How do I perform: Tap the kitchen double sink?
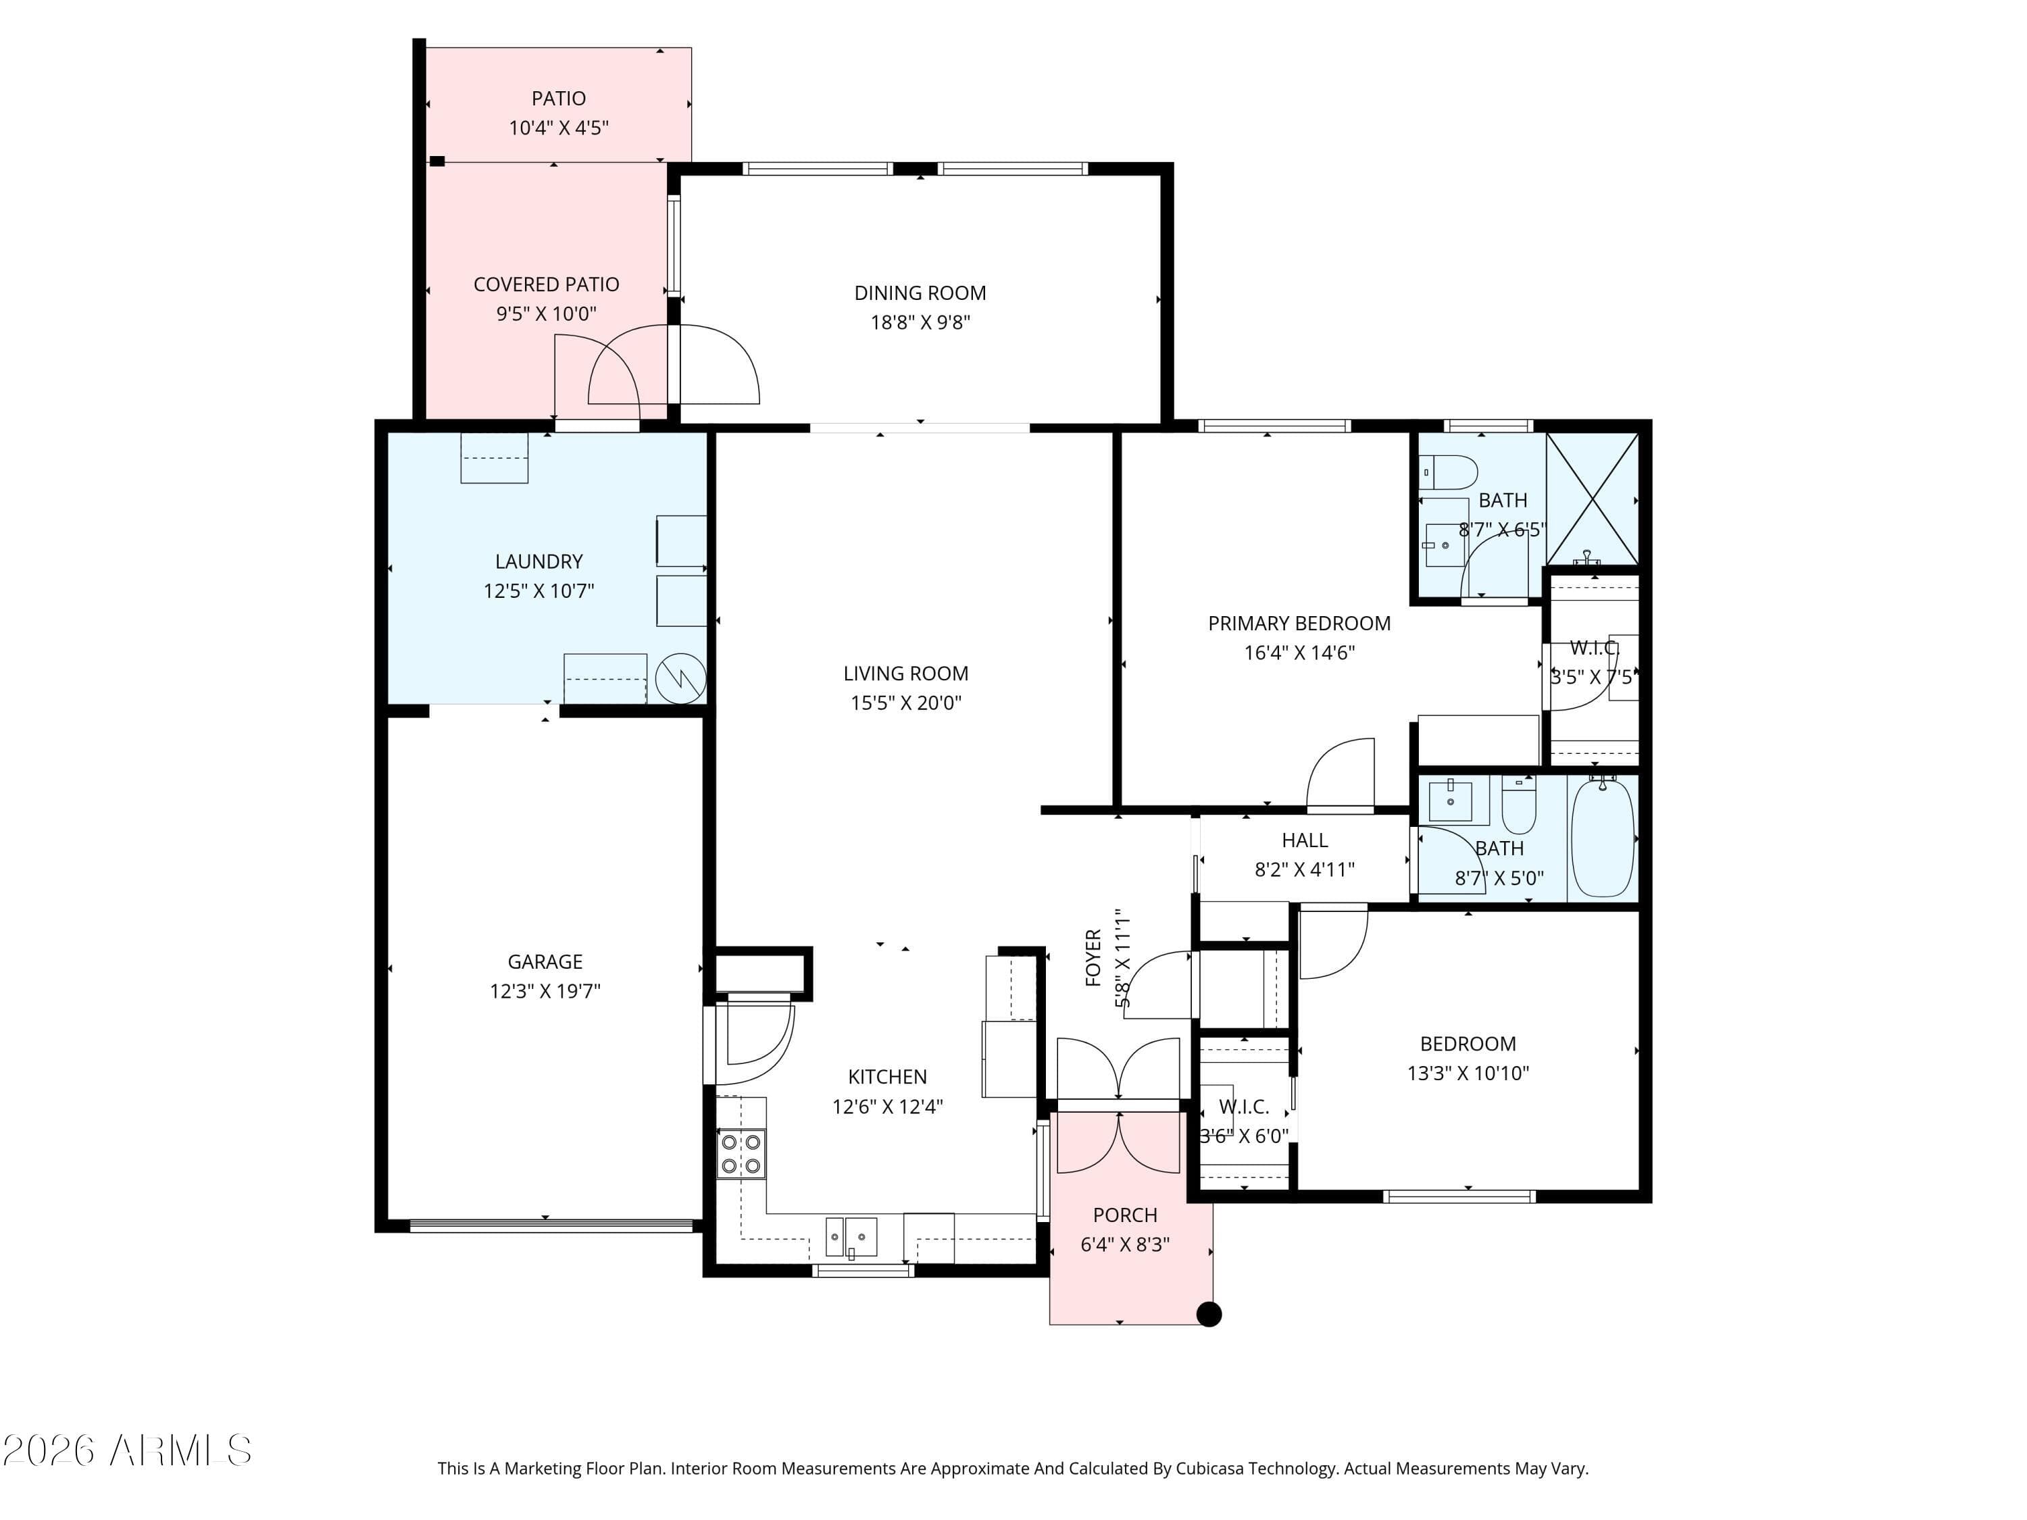click(x=851, y=1237)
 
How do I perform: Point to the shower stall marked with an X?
click(x=1593, y=499)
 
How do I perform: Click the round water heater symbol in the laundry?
click(x=681, y=679)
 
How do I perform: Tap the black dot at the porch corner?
click(x=1209, y=1314)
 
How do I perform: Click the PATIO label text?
click(x=559, y=98)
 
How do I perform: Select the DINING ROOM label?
click(x=920, y=293)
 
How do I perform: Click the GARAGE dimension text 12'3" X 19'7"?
click(x=545, y=990)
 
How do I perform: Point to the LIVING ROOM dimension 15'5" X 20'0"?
click(x=906, y=703)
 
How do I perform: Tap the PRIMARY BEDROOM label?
click(x=1299, y=623)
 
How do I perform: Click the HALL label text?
click(x=1305, y=840)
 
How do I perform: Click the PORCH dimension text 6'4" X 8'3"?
click(x=1125, y=1244)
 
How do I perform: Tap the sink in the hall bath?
click(x=1451, y=802)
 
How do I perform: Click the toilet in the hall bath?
click(x=1518, y=803)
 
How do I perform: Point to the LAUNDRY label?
click(x=539, y=561)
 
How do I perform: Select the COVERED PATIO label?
click(x=546, y=284)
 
